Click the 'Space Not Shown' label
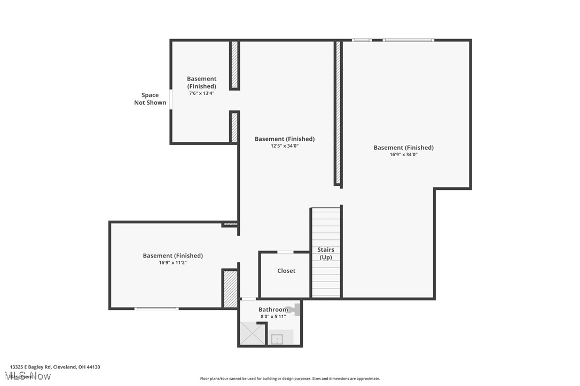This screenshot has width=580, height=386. (150, 99)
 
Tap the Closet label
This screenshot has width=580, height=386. (286, 271)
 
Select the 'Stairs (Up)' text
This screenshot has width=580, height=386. (326, 253)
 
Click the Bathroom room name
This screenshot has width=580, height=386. (273, 310)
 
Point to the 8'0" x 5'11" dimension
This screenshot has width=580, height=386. (273, 317)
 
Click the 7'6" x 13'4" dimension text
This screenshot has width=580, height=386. (201, 93)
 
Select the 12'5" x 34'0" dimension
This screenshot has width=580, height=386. (284, 146)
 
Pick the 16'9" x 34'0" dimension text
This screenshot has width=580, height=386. (403, 155)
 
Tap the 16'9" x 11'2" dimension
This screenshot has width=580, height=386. (173, 262)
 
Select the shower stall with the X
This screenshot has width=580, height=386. (252, 333)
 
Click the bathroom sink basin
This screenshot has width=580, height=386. (277, 339)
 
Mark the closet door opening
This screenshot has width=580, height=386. (285, 252)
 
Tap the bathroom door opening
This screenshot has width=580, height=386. (248, 299)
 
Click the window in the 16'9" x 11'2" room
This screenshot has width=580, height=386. (156, 308)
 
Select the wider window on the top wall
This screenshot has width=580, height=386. (409, 40)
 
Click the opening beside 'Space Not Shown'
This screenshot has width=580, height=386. (170, 99)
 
